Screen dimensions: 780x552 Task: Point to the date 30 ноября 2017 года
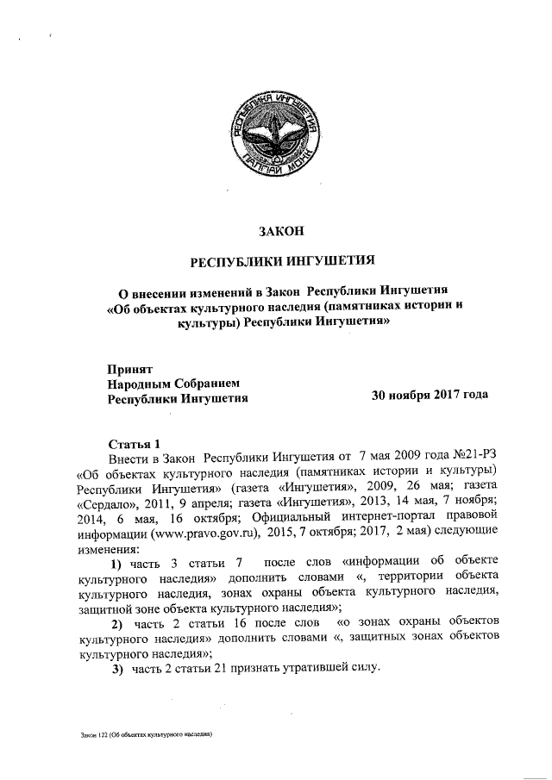pyautogui.click(x=429, y=397)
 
